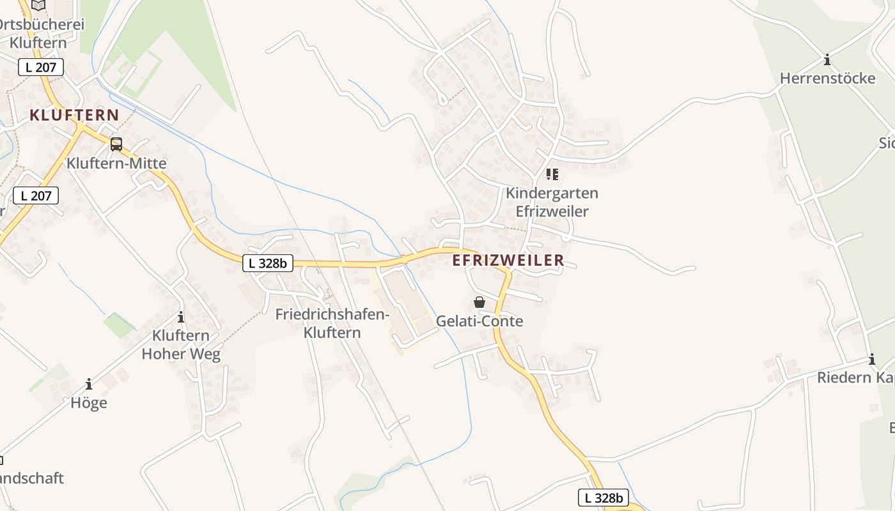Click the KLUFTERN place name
tap(74, 115)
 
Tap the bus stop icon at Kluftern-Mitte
tap(116, 144)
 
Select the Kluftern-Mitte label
tap(116, 163)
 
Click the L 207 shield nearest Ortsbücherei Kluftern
tap(41, 67)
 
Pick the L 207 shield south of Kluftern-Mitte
tap(36, 195)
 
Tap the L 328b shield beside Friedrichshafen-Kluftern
tap(267, 263)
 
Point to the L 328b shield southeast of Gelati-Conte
tap(603, 498)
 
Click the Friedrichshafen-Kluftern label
tap(332, 323)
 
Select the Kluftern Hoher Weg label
tap(181, 345)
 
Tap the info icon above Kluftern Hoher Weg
tap(181, 317)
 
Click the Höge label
tap(89, 403)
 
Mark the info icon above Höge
tap(89, 384)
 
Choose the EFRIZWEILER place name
tap(508, 260)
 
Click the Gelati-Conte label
tap(479, 321)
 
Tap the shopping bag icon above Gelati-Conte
tap(479, 302)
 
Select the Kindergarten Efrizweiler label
tap(552, 202)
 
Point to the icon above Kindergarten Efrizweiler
tap(552, 174)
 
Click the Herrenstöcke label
tap(827, 79)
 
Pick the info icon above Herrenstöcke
tap(827, 60)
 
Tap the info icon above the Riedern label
tap(871, 359)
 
